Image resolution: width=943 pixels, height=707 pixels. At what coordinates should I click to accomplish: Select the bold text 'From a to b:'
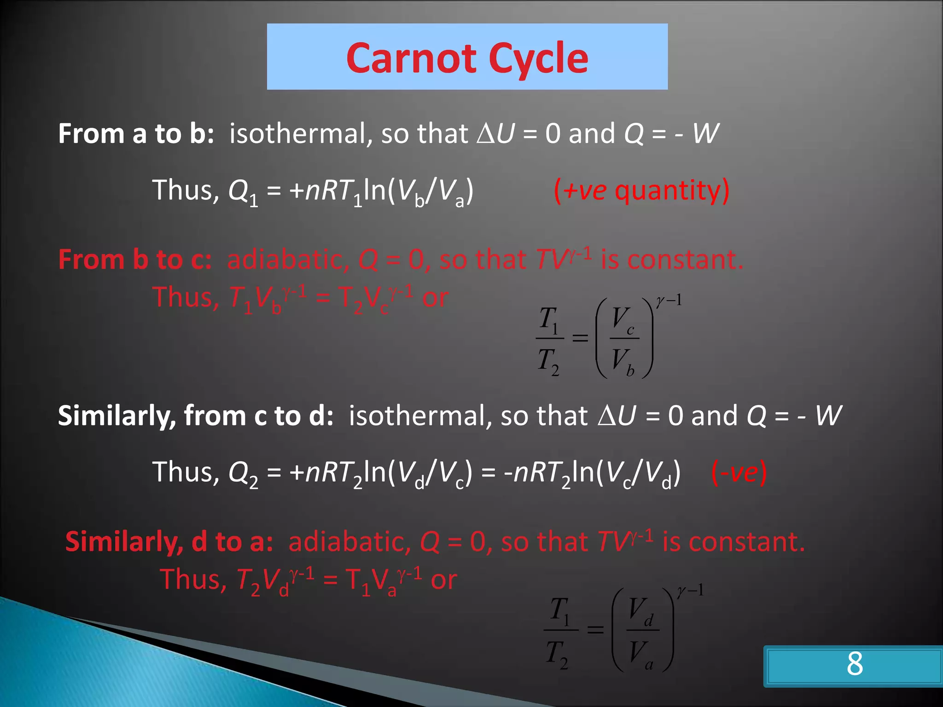click(x=136, y=133)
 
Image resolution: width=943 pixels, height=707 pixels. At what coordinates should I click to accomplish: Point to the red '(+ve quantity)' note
click(x=641, y=191)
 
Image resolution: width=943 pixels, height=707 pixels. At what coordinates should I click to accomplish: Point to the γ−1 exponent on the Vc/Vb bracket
click(x=669, y=301)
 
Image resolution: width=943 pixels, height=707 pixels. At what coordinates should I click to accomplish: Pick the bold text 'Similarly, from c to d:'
click(x=196, y=416)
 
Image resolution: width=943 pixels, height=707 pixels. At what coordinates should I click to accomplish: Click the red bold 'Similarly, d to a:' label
click(x=169, y=541)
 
